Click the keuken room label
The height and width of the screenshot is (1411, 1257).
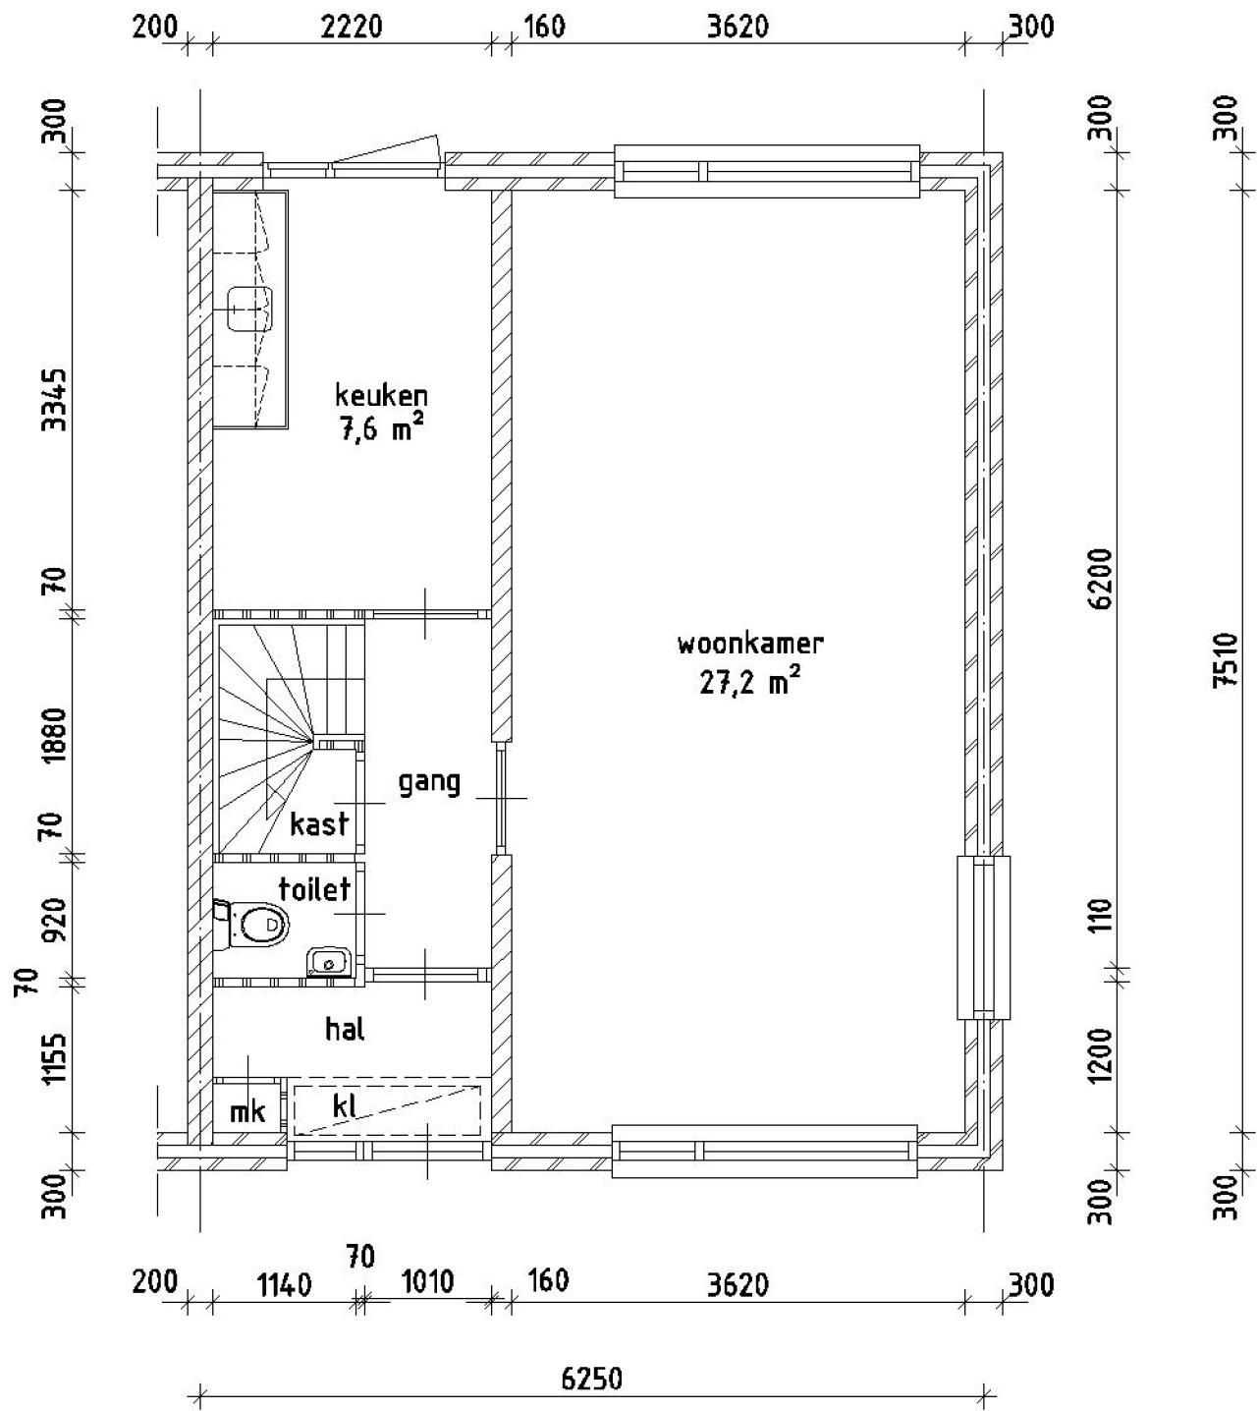click(381, 396)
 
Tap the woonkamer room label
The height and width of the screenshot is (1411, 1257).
click(750, 643)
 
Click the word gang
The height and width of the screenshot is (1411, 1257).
click(429, 783)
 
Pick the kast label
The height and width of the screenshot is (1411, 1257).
click(319, 823)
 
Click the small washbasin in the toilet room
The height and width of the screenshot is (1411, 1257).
click(329, 962)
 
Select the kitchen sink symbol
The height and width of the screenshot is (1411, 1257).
click(248, 309)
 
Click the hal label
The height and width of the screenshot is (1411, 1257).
click(346, 1029)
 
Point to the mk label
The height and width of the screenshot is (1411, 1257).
click(247, 1111)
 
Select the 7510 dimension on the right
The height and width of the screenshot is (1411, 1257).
click(1226, 659)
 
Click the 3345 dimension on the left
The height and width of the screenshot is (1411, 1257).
click(55, 400)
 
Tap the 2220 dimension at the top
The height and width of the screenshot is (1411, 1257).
click(353, 28)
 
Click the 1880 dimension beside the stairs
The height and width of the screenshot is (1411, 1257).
click(55, 735)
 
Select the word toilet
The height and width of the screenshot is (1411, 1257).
click(314, 888)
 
